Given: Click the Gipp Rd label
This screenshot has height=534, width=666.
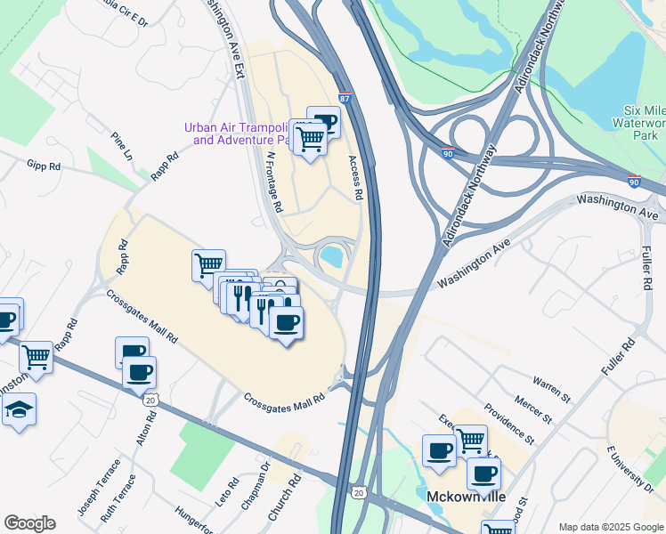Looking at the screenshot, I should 44,166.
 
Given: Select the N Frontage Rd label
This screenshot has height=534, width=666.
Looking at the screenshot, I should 274,181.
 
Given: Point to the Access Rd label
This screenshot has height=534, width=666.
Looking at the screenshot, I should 355,177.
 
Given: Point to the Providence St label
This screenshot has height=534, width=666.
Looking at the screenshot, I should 509,425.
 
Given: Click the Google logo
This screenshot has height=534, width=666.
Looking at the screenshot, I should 29,523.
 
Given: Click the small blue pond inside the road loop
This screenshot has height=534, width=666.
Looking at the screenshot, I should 332,257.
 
